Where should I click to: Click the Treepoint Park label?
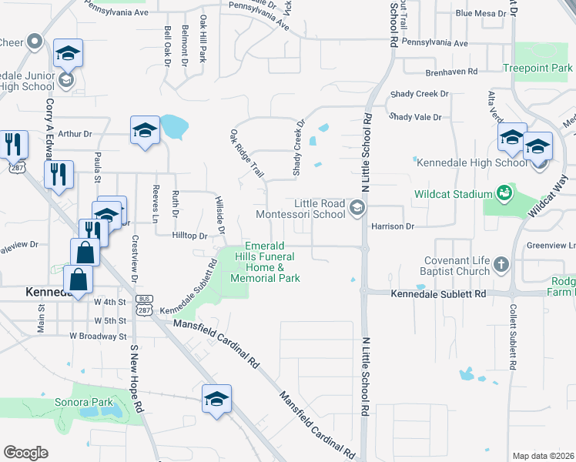pyautogui.click(x=537, y=69)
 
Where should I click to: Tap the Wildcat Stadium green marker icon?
pyautogui.click(x=504, y=192)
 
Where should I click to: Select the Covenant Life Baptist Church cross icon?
pyautogui.click(x=501, y=265)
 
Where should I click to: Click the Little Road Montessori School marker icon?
pyautogui.click(x=357, y=208)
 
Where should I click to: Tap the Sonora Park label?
pyautogui.click(x=83, y=402)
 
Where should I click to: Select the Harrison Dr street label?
pyautogui.click(x=393, y=227)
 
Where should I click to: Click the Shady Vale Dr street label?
pyautogui.click(x=415, y=117)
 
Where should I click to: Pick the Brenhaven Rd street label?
pyautogui.click(x=451, y=72)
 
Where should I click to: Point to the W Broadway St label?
pyautogui.click(x=98, y=336)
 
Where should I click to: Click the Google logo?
pyautogui.click(x=25, y=453)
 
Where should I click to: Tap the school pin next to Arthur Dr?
pyautogui.click(x=145, y=130)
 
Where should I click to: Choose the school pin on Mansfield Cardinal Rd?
pyautogui.click(x=216, y=399)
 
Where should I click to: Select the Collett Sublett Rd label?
pyautogui.click(x=511, y=339)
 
